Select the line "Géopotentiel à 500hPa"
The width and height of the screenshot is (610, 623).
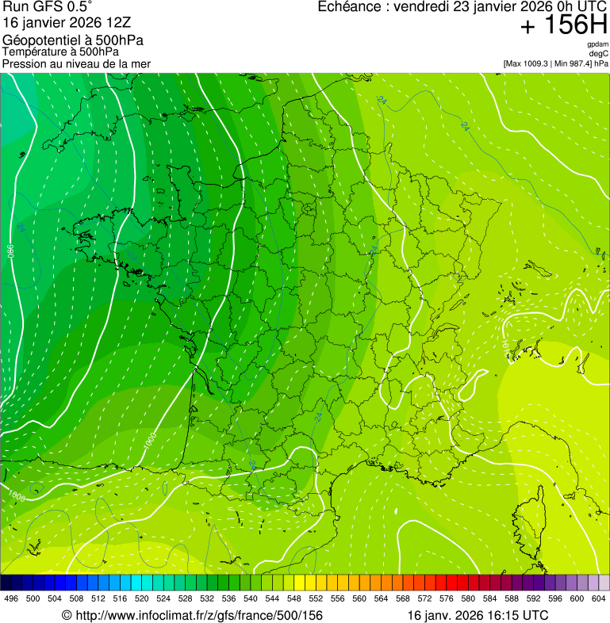73,40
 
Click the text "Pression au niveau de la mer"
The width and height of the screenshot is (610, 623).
76,63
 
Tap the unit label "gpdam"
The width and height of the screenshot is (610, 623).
597,44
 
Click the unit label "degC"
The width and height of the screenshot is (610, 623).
599,53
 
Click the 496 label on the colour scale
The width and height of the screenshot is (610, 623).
11,598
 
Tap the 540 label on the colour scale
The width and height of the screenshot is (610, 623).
251,598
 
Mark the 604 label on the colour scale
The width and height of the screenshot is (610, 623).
599,598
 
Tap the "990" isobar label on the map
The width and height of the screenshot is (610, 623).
11,250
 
